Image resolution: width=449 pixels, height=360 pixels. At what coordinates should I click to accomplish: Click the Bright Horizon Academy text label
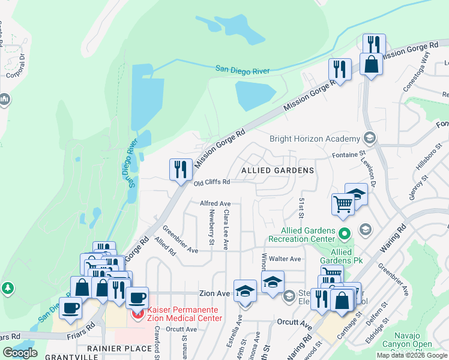click(315, 138)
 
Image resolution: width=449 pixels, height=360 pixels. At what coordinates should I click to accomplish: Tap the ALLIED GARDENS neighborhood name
click(277, 170)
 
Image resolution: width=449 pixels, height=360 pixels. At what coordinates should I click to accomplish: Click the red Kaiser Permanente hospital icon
click(138, 313)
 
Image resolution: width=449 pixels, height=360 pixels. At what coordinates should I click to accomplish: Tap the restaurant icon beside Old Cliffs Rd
click(181, 169)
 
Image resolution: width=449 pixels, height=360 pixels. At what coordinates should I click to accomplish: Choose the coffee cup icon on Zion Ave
click(137, 298)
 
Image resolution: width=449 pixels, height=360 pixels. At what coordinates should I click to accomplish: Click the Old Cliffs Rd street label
click(212, 182)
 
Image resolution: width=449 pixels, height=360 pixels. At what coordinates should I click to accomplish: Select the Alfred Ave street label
click(215, 204)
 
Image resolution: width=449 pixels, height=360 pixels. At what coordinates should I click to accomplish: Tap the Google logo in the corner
click(20, 353)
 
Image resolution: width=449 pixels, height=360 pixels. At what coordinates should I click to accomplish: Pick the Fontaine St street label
click(349, 155)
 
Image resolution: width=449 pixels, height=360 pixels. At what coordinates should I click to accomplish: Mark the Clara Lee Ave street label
click(226, 230)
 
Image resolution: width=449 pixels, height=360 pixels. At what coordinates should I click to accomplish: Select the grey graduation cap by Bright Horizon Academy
click(370, 139)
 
